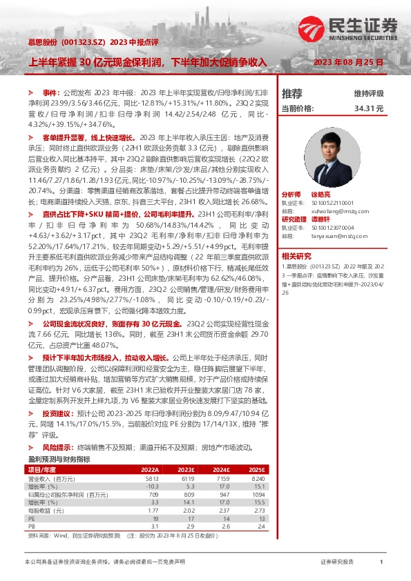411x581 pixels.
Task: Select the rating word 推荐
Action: point(292,93)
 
